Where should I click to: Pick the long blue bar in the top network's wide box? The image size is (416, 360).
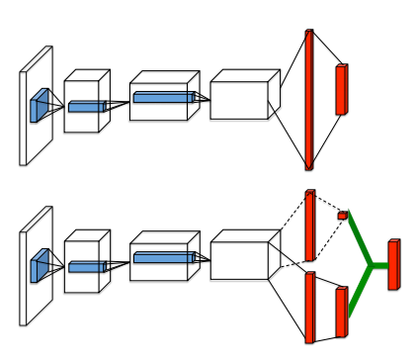pos(162,97)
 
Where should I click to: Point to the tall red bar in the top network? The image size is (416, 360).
pos(309,99)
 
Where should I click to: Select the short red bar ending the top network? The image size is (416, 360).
pos(342,89)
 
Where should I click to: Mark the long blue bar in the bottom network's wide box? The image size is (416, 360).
pos(162,257)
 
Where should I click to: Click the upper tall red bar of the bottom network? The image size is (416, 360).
pos(309,225)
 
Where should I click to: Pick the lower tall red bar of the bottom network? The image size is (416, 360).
pos(309,308)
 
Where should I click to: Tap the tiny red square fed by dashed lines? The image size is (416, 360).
pos(342,215)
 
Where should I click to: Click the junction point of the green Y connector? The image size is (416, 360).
pos(370,265)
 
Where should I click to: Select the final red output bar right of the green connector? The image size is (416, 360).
pos(393,264)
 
